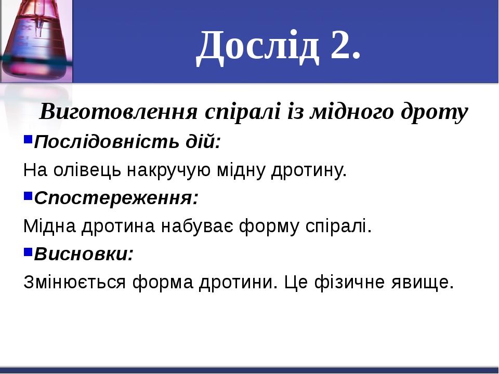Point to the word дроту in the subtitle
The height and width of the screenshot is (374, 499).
pyautogui.click(x=439, y=111)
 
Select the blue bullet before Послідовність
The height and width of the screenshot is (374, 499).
pyautogui.click(x=28, y=140)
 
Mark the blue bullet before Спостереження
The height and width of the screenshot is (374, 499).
pyautogui.click(x=28, y=196)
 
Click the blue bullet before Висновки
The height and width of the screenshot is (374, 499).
pyautogui.click(x=28, y=252)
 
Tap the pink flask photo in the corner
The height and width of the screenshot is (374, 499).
pyautogui.click(x=36, y=42)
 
